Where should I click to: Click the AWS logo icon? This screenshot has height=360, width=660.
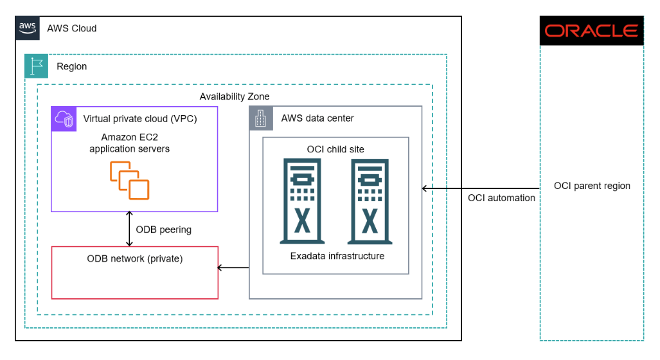pos(28,28)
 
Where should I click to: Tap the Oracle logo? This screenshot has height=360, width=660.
pos(591,31)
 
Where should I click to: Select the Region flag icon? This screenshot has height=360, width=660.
pos(37,66)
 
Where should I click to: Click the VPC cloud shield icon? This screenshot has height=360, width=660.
pos(64,118)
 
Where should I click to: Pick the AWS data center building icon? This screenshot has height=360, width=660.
pos(261,118)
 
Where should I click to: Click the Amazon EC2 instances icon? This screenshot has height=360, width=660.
pos(129,181)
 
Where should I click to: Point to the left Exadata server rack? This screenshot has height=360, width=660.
pos(300,202)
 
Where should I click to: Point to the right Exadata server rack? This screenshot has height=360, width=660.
pos(370,202)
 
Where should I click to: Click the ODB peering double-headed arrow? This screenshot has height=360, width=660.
pos(130,229)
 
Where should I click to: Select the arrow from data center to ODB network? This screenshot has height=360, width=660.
pos(233,267)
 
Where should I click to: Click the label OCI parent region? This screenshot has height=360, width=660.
pos(592,186)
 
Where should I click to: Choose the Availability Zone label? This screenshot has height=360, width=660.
pos(235,96)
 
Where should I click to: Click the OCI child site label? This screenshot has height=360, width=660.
pos(335,149)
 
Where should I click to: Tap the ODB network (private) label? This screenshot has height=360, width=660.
pos(135,259)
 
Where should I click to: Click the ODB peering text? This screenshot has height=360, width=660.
pos(164,230)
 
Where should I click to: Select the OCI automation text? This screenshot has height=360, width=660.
pos(501,198)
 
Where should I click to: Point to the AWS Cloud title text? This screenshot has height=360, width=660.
pos(72,28)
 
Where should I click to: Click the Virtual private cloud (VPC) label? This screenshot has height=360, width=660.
pos(140,119)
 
